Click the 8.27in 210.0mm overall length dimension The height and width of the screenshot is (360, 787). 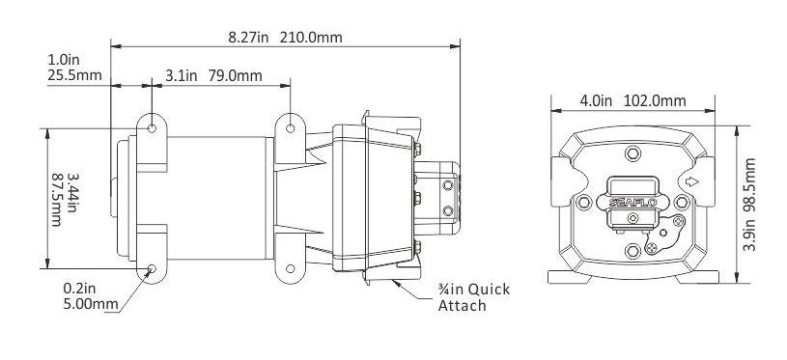[x=285, y=38]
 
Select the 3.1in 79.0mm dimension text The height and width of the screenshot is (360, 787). [x=213, y=75]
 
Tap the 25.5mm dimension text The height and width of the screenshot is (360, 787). [x=74, y=75]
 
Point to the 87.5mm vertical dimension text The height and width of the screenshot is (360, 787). [x=57, y=200]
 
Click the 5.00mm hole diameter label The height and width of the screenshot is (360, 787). [x=91, y=304]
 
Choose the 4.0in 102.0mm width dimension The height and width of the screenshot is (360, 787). [x=632, y=100]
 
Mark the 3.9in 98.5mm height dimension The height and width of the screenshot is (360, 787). [x=750, y=205]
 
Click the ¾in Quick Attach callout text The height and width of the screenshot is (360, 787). [x=473, y=297]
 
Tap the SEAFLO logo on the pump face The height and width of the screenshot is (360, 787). [x=632, y=203]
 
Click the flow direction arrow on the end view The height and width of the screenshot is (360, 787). [x=692, y=181]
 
